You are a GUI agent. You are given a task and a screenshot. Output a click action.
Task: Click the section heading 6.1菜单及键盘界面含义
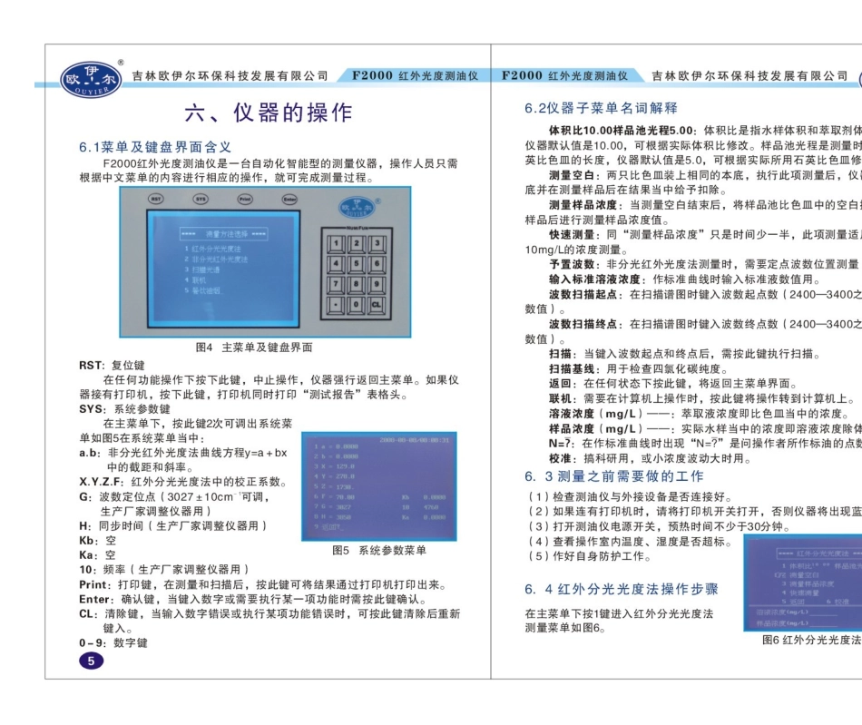coord(156,147)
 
